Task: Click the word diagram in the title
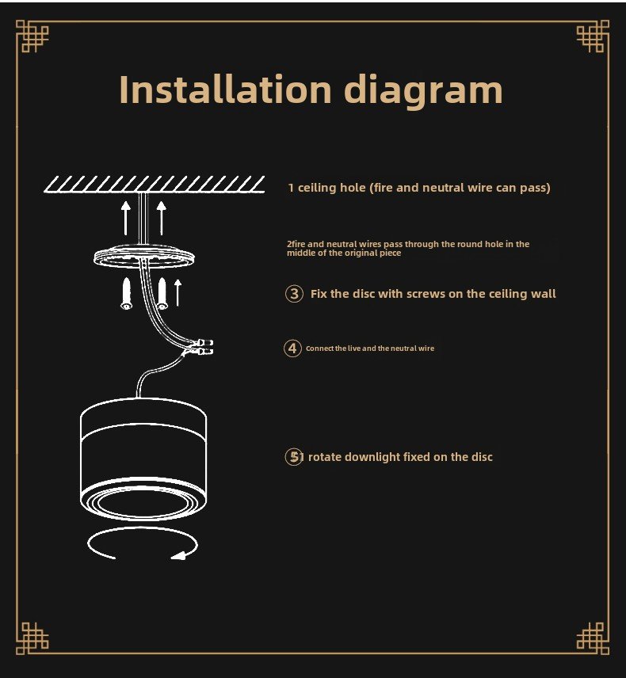point(423,90)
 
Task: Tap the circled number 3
point(294,294)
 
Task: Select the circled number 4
point(292,348)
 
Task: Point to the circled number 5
point(294,456)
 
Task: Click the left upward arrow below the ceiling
point(126,218)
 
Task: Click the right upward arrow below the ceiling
point(162,218)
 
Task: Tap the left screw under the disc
point(126,294)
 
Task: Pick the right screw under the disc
point(162,294)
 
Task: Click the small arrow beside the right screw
point(177,293)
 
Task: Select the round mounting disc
point(144,257)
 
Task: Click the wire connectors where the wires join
point(204,347)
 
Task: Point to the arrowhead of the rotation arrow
point(178,555)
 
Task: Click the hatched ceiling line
point(155,185)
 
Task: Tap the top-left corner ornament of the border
point(32,36)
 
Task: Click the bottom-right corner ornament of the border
point(594,638)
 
